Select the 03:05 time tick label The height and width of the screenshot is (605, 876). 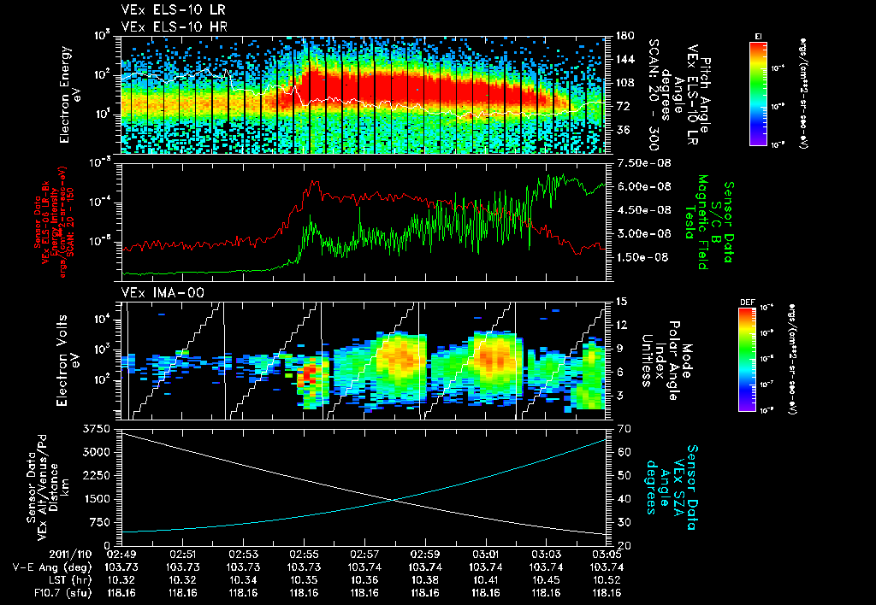click(607, 554)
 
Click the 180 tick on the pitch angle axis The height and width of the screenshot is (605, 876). click(619, 36)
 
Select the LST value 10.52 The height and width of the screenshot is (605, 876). click(607, 579)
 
